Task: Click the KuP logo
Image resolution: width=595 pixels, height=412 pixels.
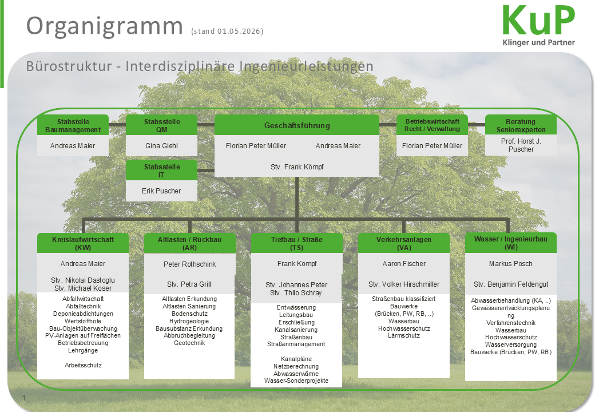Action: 539,25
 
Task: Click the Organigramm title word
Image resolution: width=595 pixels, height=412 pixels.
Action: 104,26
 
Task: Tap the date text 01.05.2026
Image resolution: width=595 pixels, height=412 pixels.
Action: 239,31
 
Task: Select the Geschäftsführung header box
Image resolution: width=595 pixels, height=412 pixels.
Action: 297,125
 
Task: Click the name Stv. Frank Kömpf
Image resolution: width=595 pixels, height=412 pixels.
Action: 297,167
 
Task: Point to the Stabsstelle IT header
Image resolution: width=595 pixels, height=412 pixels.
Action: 162,171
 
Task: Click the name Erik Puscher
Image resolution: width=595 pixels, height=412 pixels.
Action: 161,191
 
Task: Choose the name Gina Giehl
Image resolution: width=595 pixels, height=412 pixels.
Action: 161,146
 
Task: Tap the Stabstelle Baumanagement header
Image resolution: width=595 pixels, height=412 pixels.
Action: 73,125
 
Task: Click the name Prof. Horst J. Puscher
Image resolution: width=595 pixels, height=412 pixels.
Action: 521,145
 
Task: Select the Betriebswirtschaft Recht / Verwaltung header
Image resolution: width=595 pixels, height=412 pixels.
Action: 432,125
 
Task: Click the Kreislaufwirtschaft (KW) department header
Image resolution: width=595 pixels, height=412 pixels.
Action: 83,243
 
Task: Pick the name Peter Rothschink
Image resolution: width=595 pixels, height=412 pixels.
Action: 190,264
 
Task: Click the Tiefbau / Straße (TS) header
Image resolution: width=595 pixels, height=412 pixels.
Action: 297,243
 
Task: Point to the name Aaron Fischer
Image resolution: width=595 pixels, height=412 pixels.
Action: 404,264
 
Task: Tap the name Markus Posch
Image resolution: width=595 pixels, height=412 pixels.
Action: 511,264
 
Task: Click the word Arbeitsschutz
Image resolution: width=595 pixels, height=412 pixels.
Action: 83,365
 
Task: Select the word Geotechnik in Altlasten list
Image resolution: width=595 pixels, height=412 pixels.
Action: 189,343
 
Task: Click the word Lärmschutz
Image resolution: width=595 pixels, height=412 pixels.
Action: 404,335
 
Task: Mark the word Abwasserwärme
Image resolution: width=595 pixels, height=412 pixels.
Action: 296,374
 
